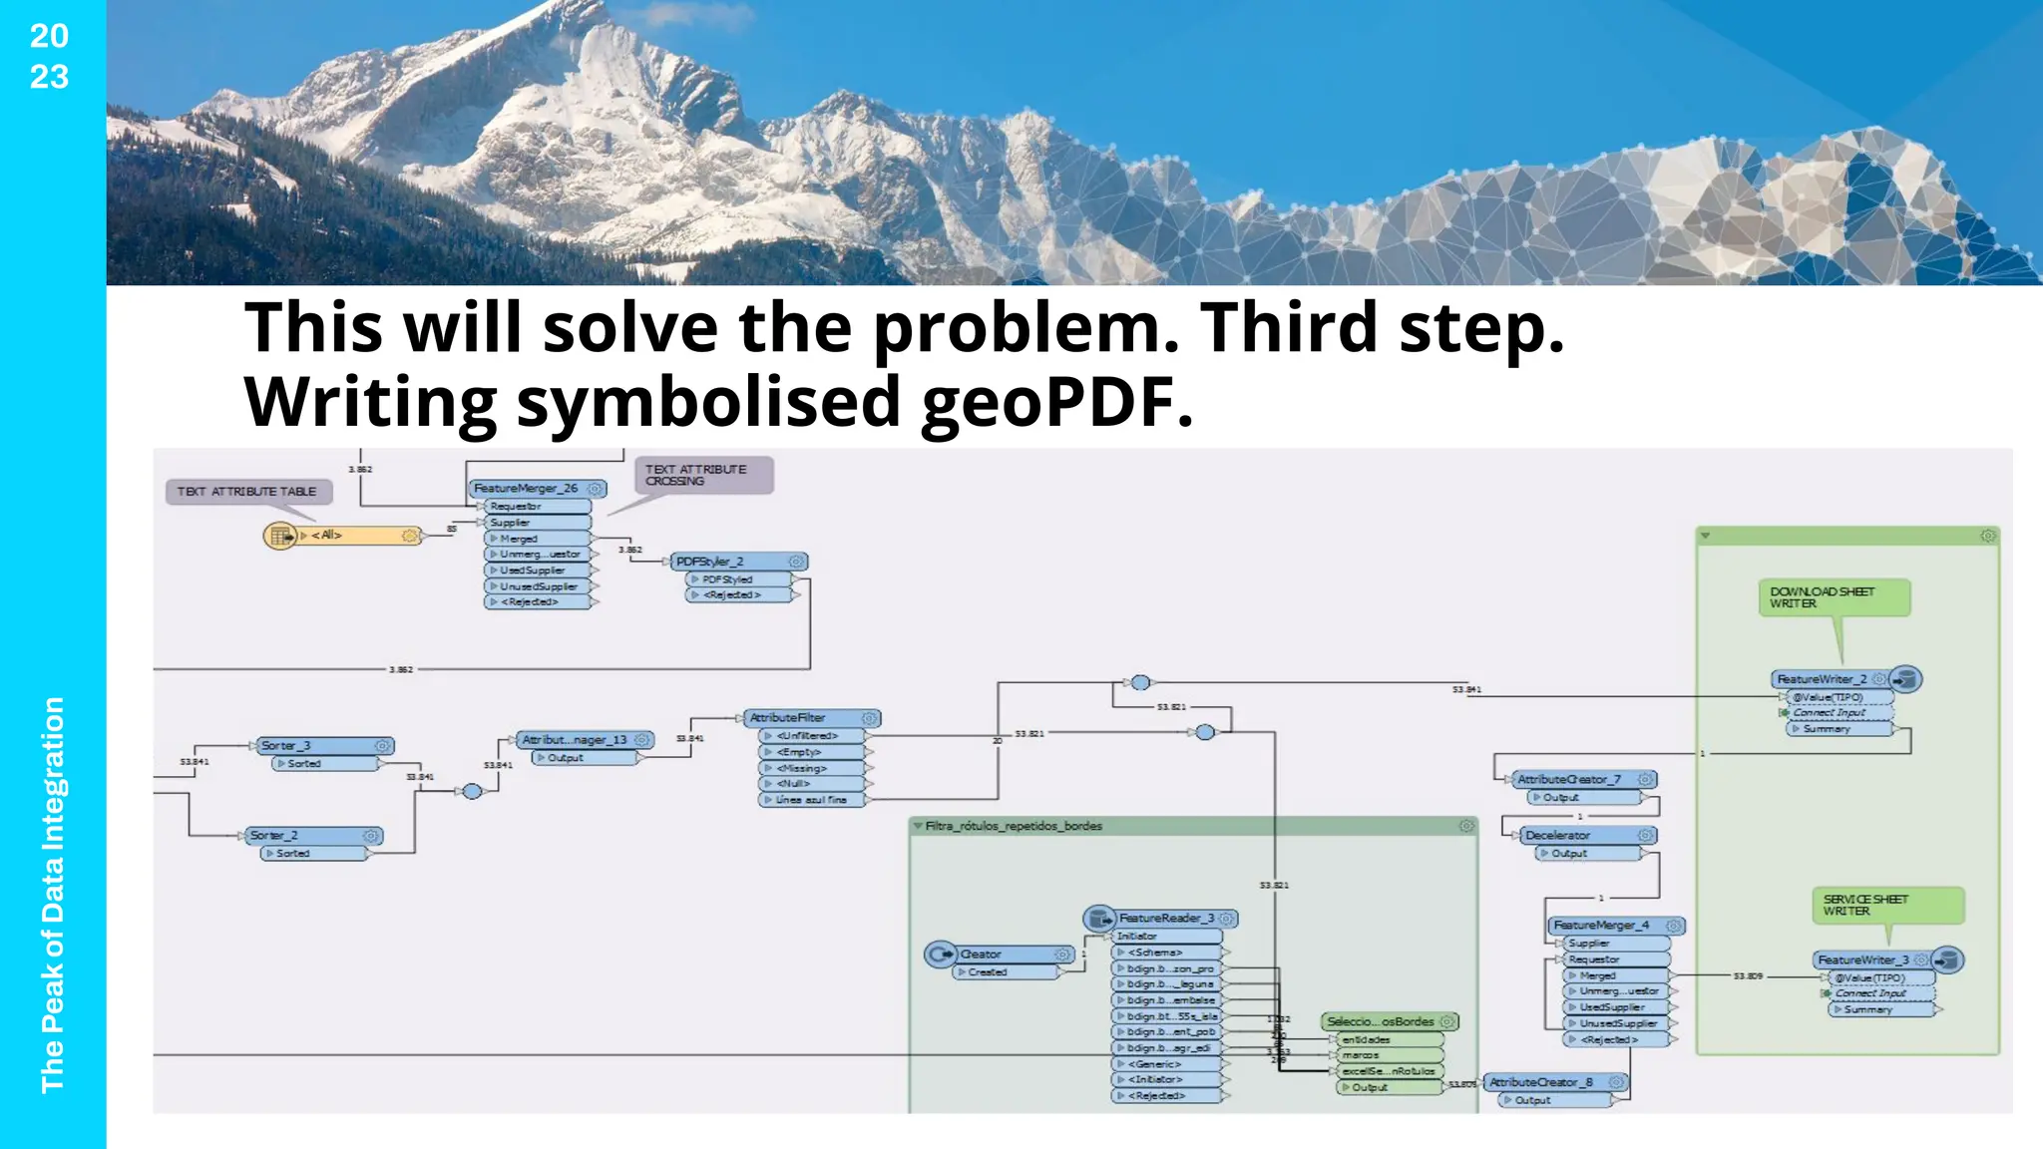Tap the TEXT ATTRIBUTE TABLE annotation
(x=247, y=492)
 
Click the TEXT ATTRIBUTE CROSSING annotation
(x=702, y=475)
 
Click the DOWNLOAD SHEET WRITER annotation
(x=1832, y=597)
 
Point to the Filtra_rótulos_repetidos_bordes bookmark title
(x=1014, y=826)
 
